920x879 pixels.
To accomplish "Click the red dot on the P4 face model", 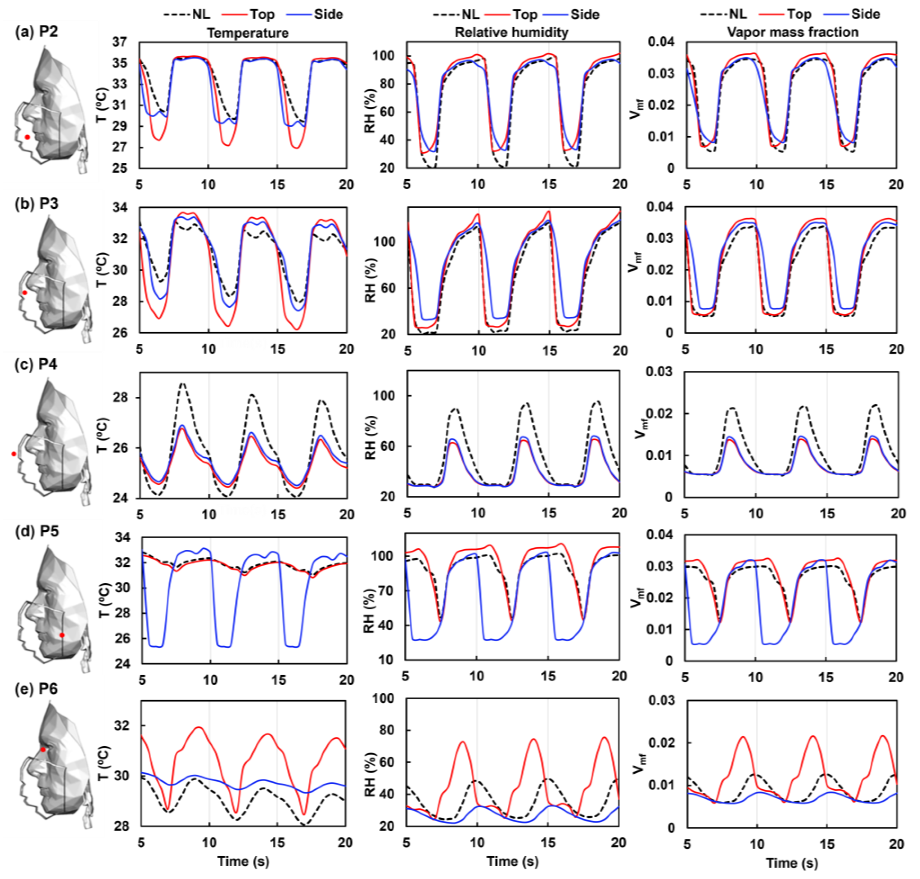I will coord(13,453).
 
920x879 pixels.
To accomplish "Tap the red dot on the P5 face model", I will coord(62,635).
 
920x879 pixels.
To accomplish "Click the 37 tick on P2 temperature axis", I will coord(120,42).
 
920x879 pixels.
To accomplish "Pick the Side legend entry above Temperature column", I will coord(328,14).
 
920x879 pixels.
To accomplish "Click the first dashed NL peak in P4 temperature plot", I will coord(183,384).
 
